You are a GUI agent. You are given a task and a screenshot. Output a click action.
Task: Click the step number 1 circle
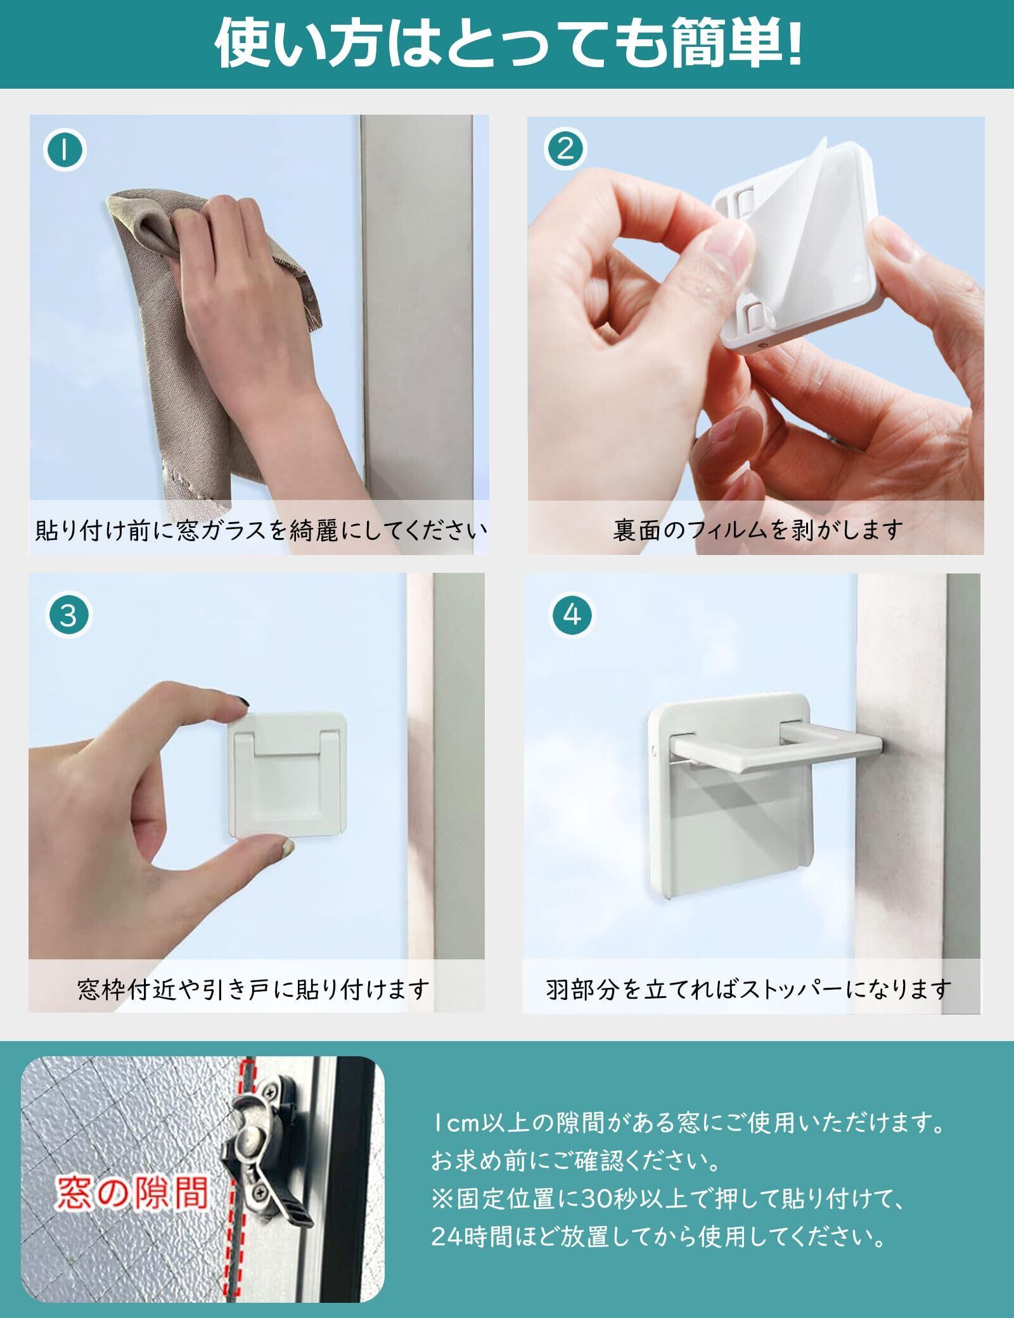(65, 151)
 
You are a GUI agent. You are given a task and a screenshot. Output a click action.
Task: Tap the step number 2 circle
(565, 150)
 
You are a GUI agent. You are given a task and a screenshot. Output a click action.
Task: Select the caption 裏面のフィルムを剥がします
(757, 528)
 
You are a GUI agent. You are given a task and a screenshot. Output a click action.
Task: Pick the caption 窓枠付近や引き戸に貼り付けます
(254, 988)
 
